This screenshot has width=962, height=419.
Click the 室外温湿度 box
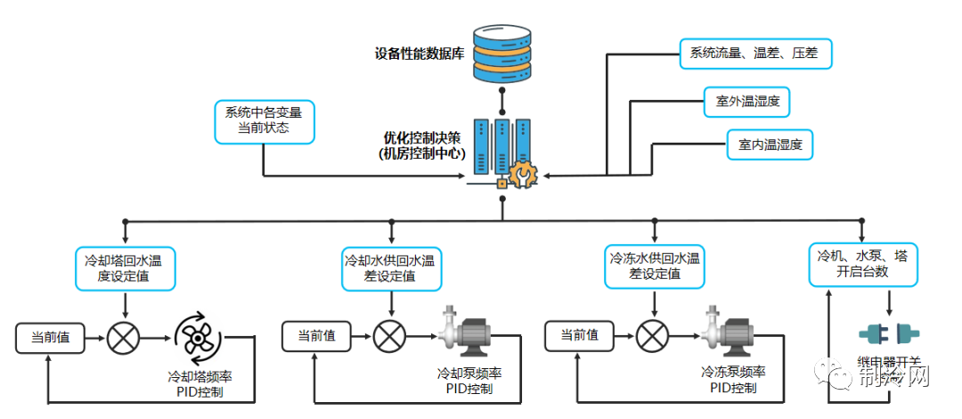pos(746,101)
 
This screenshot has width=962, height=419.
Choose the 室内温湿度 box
pos(770,144)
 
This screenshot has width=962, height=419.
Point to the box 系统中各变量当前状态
pos(264,121)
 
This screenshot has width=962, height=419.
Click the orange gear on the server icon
pos(523,173)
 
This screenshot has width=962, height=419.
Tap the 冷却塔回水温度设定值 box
pos(124,268)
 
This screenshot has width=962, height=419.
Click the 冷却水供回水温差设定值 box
pos(391,268)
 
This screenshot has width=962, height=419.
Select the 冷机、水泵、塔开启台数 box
pos(862,264)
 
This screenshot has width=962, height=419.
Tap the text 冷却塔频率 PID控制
pos(200,383)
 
